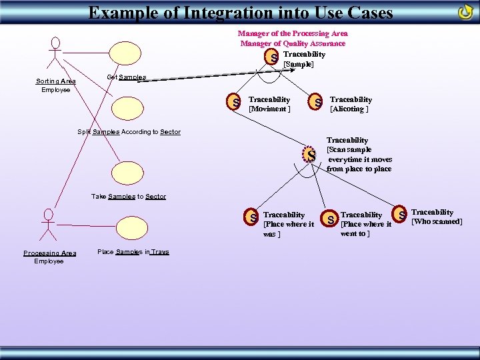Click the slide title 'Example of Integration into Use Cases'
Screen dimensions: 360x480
(x=241, y=12)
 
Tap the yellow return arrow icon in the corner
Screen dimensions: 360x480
(x=465, y=12)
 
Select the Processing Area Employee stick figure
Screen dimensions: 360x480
(x=47, y=225)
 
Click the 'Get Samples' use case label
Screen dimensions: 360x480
(x=126, y=77)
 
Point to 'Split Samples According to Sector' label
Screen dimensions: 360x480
(x=129, y=132)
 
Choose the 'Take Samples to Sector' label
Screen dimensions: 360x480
(x=128, y=197)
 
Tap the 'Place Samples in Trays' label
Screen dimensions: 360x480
(x=133, y=252)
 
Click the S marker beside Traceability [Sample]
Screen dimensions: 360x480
(x=274, y=59)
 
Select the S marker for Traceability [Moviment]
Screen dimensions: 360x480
(x=235, y=103)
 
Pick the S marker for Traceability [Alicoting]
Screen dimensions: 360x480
(x=318, y=103)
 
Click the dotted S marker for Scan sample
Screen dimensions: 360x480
(x=311, y=155)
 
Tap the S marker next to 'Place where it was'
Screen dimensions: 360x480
(x=253, y=217)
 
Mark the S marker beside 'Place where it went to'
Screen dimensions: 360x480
(x=330, y=218)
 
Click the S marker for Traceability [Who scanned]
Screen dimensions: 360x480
(x=401, y=215)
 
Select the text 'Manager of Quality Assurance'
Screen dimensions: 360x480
(x=293, y=43)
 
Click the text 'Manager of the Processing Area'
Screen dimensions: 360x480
(x=293, y=33)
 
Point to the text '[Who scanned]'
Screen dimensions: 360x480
(x=437, y=221)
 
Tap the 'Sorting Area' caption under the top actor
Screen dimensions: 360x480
(x=55, y=81)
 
